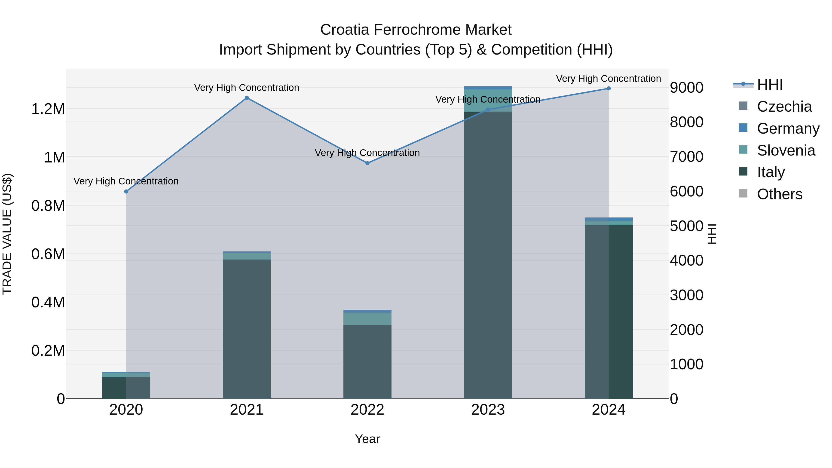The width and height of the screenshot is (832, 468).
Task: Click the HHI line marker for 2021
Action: pos(247,98)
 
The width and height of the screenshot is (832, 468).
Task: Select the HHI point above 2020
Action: pos(126,192)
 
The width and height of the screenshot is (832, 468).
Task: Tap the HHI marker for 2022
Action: pos(367,163)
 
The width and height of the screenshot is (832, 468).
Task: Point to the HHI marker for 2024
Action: pos(609,89)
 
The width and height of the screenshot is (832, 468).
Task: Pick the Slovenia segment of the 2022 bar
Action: pos(367,318)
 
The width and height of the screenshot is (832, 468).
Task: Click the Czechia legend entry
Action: pos(784,107)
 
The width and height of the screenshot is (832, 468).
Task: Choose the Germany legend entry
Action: pos(788,128)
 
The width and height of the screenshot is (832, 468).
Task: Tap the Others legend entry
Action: pos(779,194)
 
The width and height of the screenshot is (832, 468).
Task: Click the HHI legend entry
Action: pos(769,85)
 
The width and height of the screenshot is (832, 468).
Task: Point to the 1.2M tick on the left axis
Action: pos(48,109)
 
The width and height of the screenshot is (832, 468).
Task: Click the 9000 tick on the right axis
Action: pos(686,88)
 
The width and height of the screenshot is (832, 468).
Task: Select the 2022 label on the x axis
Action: pos(367,410)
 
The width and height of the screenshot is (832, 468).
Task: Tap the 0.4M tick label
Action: pos(48,302)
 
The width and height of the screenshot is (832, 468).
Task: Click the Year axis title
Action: pos(367,439)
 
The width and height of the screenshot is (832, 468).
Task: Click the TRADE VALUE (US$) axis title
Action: pos(7,234)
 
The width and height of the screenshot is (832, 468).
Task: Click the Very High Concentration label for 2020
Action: pos(126,181)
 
